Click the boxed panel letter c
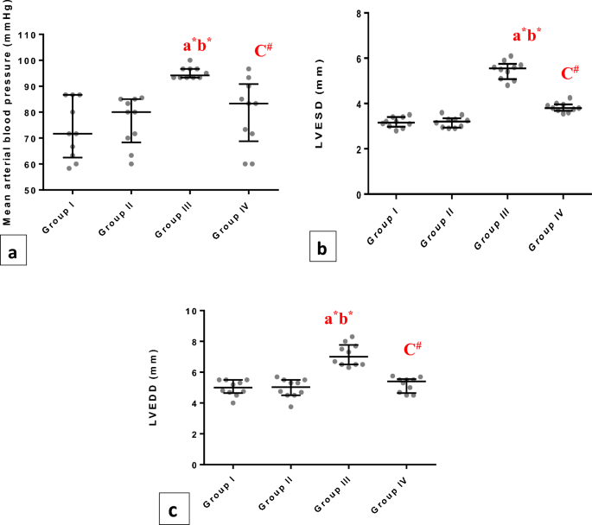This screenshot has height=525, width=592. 173,510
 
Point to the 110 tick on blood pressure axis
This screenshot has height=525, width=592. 35,35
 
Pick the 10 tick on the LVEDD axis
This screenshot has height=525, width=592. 194,310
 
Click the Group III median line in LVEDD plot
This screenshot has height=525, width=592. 347,357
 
